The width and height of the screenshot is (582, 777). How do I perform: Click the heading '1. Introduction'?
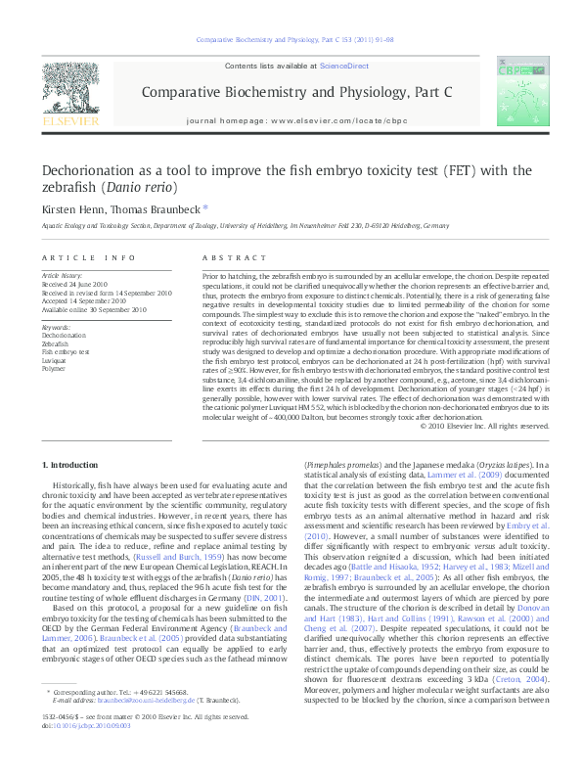73,463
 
